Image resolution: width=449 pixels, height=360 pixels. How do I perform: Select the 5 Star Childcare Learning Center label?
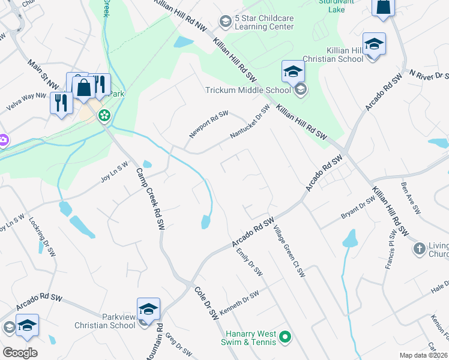click(264, 22)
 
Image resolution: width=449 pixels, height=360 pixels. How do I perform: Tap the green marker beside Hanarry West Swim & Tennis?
click(286, 337)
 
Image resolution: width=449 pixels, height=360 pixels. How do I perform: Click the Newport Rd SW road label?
click(209, 124)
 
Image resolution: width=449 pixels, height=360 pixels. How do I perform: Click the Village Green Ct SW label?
click(289, 251)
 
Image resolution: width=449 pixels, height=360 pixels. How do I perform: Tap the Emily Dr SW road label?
click(249, 262)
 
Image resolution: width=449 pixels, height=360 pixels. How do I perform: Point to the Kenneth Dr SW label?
click(239, 303)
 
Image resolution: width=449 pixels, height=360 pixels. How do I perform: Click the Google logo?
click(20, 352)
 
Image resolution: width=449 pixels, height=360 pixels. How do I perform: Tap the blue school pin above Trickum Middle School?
click(293, 72)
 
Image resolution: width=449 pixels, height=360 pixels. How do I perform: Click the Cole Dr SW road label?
click(205, 303)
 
